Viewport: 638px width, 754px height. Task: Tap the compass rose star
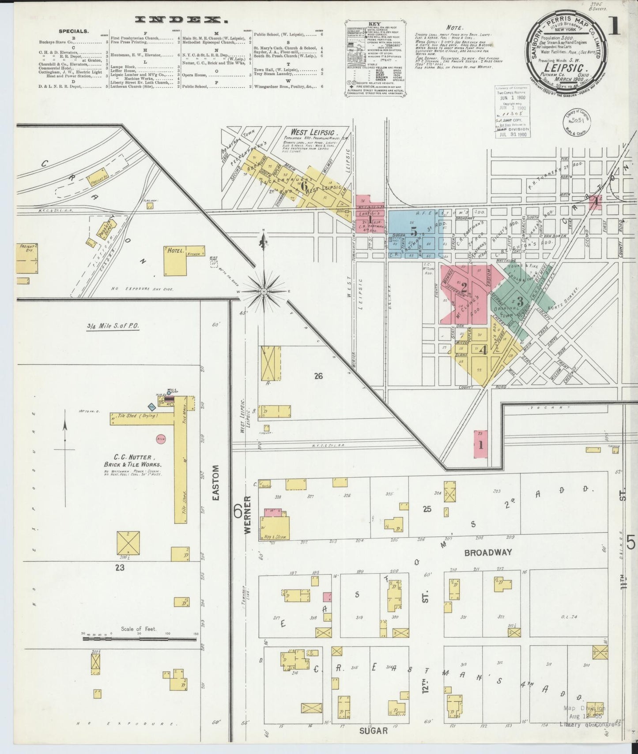(264, 291)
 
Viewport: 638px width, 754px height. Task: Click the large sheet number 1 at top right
(614, 27)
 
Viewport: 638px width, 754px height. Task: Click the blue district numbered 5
(413, 231)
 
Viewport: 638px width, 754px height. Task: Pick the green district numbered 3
(520, 302)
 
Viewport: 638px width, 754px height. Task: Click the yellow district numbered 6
(303, 186)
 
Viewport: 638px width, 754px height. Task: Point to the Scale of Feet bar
(139, 638)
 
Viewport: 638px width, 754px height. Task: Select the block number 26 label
(318, 376)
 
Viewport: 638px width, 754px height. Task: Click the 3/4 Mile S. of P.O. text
(113, 325)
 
